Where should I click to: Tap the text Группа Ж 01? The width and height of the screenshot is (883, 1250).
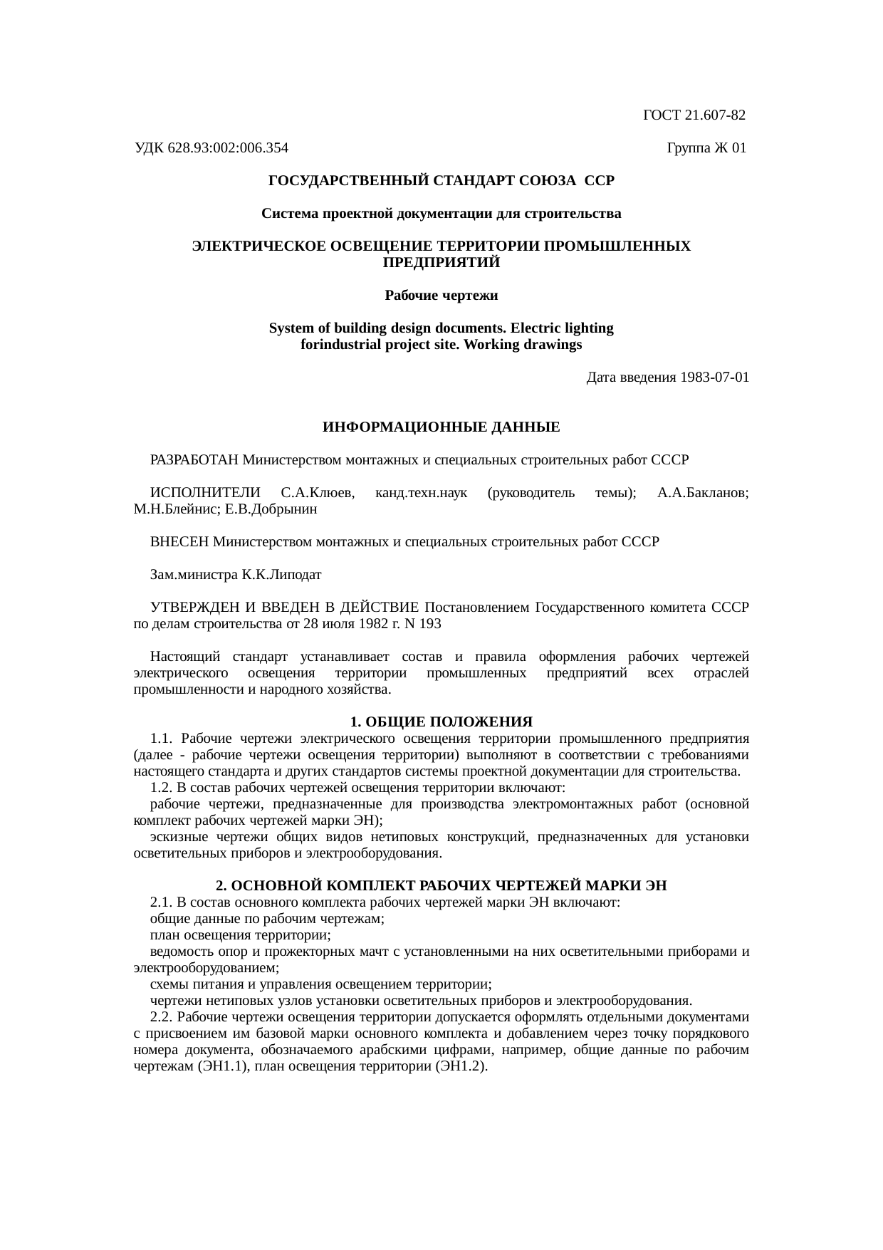pos(706,148)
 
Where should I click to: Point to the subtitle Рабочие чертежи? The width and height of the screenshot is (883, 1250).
pos(441,296)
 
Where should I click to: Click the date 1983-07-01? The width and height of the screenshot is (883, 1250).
pos(714,377)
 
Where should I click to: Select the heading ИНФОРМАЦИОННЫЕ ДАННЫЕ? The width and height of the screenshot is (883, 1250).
pos(441,427)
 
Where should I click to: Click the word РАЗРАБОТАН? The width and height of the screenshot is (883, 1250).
pos(194,460)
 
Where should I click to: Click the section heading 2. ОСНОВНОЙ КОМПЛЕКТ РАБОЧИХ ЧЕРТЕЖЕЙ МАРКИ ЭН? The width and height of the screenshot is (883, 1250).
pos(441,886)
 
